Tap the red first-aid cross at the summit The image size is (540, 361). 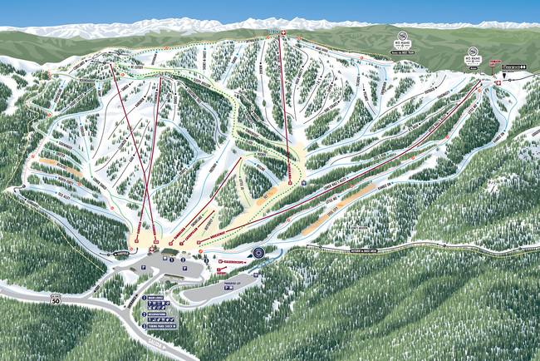284,33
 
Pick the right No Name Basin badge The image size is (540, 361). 473,62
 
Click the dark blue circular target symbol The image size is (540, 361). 258,251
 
